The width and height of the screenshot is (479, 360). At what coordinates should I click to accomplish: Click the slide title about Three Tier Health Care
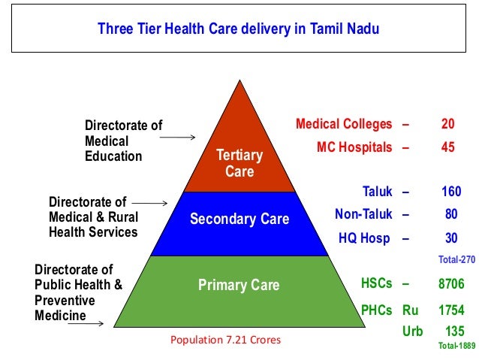coord(239,29)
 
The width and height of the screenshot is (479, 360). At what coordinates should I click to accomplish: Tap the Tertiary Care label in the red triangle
coord(239,163)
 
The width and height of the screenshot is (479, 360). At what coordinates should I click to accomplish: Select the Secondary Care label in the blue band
coord(239,219)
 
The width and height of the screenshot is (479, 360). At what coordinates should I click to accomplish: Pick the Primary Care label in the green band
coord(239,285)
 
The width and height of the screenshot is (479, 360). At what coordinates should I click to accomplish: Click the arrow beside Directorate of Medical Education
coord(178,138)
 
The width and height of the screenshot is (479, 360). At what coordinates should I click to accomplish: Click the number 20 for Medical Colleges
coord(448,124)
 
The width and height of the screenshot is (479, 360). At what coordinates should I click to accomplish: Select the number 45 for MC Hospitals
coord(448,147)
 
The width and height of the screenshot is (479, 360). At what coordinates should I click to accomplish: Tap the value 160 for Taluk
coord(451,192)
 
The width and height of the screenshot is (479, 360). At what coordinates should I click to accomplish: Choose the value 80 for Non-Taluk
coord(451,214)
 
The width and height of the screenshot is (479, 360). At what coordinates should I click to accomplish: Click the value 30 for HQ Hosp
coord(451,238)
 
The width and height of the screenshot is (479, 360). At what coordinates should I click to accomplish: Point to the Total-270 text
coord(457,259)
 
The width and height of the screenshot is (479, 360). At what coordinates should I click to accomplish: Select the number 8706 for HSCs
coord(451,284)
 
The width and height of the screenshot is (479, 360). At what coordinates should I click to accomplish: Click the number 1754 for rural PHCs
coord(451,310)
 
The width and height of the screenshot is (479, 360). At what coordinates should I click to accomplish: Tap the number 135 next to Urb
coord(454,331)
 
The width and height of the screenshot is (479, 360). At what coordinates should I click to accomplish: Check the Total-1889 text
coord(456,346)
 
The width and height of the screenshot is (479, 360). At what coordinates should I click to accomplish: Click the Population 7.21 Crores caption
coord(225,340)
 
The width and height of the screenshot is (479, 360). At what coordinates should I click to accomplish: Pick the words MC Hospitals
coord(354,147)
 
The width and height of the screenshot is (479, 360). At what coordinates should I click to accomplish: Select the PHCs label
coord(377,310)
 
